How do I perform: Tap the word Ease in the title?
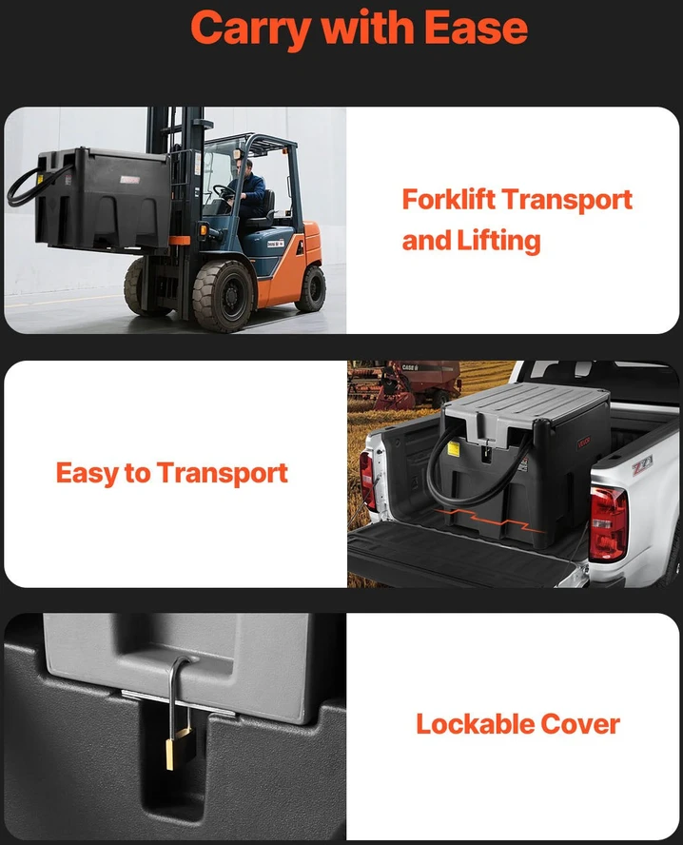point(476,27)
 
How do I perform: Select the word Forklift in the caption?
point(449,200)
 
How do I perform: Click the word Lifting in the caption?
point(498,241)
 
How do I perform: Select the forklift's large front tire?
point(223,295)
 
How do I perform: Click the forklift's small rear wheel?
point(311,287)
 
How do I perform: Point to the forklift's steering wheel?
point(223,191)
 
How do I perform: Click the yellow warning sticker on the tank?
point(454,448)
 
